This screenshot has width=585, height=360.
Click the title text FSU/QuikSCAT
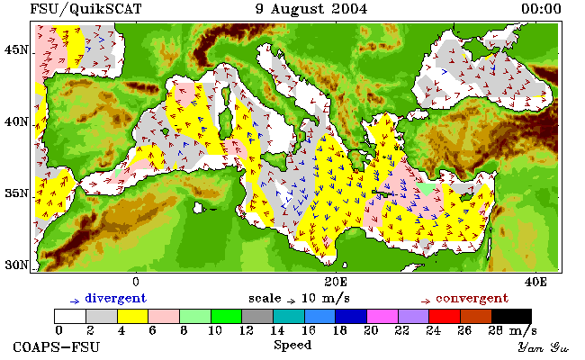pyautogui.click(x=85, y=9)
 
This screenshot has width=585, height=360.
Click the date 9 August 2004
pyautogui.click(x=311, y=9)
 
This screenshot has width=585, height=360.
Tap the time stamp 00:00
pyautogui.click(x=541, y=9)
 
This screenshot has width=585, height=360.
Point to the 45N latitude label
pyautogui.click(x=16, y=49)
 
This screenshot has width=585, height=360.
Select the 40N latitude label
pyautogui.click(x=16, y=121)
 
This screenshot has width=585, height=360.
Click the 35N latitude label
pyautogui.click(x=16, y=193)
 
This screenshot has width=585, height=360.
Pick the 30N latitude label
pyautogui.click(x=16, y=265)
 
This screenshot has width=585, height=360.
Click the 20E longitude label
pyautogui.click(x=336, y=282)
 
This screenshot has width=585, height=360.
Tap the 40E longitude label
pyautogui.click(x=535, y=282)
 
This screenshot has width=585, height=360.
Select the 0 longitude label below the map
pyautogui.click(x=135, y=282)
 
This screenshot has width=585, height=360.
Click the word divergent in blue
pyautogui.click(x=116, y=299)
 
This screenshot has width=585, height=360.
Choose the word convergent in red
pyautogui.click(x=472, y=299)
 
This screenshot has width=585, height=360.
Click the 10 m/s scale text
pyautogui.click(x=325, y=299)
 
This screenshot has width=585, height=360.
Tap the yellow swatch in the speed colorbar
pyautogui.click(x=132, y=316)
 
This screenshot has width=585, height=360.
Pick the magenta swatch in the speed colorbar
pyautogui.click(x=382, y=316)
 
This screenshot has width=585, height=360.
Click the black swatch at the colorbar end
pyautogui.click(x=511, y=316)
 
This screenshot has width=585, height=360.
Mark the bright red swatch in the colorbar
pyautogui.click(x=445, y=316)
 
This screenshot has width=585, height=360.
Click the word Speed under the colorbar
pyautogui.click(x=292, y=345)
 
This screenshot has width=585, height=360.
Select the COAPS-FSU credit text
pyautogui.click(x=57, y=346)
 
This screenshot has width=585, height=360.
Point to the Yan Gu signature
pyautogui.click(x=543, y=347)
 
